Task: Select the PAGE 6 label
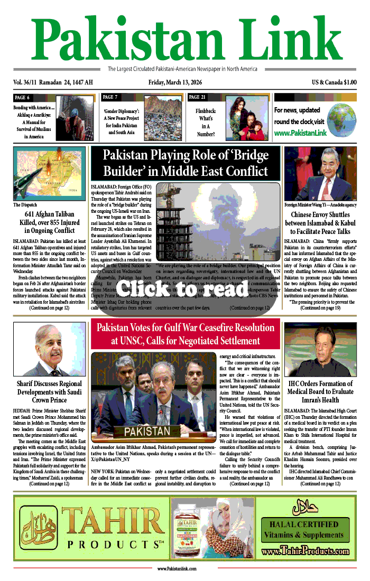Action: point(22,97)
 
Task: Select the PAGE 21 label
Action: point(197,97)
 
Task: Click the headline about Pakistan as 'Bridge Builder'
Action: point(185,163)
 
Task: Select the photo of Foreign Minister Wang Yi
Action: point(320,173)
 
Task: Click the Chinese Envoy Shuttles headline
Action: point(320,223)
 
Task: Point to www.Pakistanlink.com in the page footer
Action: point(177,568)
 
